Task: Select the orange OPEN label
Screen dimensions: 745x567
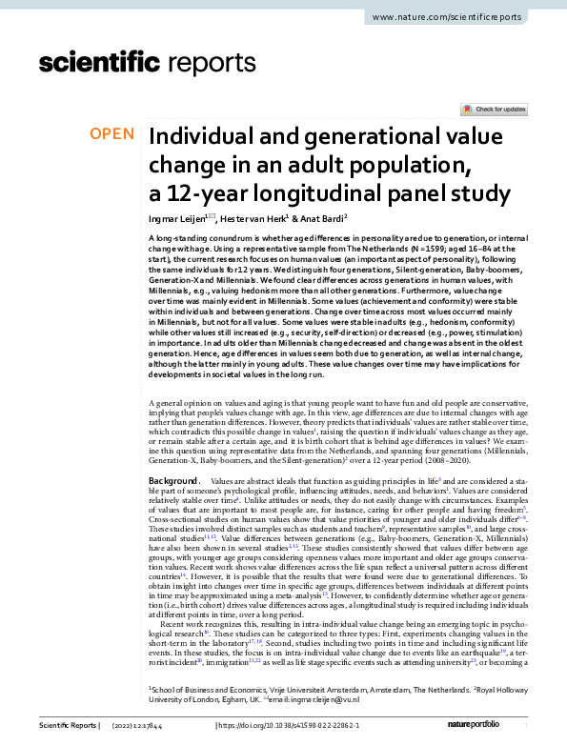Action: [111, 134]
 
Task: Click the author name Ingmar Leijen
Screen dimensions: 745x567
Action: [178, 218]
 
